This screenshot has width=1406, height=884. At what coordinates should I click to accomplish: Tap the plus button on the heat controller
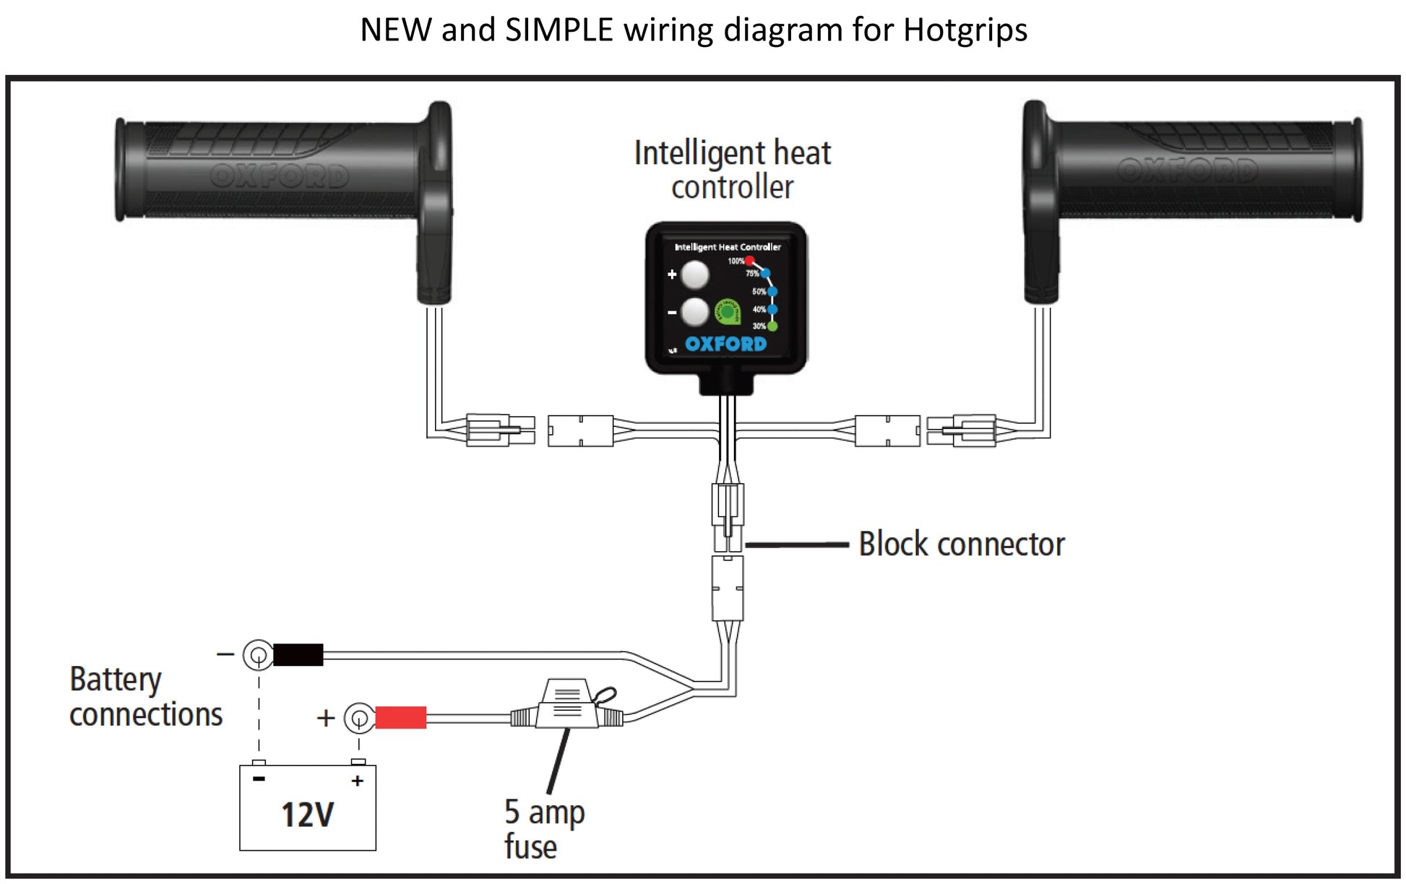tap(695, 274)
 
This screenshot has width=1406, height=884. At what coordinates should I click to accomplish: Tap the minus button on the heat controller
tap(695, 312)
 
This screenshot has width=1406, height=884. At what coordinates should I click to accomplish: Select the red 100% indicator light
tap(750, 261)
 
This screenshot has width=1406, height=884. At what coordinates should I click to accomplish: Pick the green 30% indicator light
tap(772, 326)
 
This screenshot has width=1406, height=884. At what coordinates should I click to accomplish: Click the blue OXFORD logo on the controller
tap(725, 344)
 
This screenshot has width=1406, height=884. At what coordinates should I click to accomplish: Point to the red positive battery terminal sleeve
tap(400, 718)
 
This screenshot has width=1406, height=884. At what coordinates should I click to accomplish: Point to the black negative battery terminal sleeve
tap(298, 655)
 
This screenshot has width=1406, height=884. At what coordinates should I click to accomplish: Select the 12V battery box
tap(308, 807)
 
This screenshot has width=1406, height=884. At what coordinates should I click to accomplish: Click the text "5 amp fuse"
tap(543, 829)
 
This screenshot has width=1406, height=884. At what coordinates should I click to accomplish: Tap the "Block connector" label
tap(961, 545)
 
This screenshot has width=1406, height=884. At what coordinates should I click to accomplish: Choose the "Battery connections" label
tap(145, 697)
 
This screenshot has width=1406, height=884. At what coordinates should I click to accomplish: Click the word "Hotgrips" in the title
tap(965, 30)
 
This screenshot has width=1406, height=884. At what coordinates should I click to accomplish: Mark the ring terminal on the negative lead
tap(257, 656)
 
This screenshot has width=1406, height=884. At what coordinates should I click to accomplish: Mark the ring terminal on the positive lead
tap(358, 718)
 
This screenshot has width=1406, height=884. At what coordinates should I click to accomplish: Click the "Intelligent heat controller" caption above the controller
tap(732, 170)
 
